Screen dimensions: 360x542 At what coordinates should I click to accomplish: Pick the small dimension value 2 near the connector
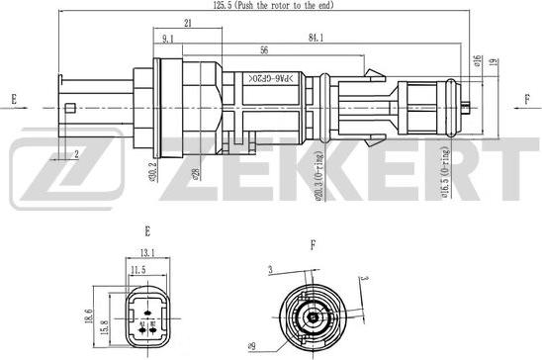(77, 152)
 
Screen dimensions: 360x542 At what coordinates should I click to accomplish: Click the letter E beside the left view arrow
(14, 99)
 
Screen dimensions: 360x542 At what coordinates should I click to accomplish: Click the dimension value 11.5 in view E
(138, 269)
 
